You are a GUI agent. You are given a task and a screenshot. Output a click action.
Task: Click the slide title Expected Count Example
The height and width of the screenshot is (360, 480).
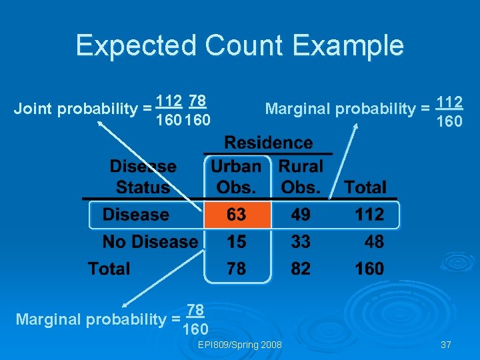(239, 45)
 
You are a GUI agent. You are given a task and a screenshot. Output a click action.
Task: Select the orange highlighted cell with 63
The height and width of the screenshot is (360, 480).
(237, 215)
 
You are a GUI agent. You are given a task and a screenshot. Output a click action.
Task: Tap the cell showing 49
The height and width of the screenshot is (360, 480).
(301, 215)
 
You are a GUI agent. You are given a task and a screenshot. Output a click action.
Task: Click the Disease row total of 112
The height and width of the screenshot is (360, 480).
(369, 215)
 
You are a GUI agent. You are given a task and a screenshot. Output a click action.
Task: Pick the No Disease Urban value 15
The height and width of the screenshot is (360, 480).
(237, 241)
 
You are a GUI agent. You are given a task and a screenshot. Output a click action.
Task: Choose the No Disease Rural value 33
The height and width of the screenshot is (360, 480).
(301, 241)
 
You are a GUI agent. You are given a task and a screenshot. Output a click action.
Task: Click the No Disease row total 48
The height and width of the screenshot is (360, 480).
(373, 241)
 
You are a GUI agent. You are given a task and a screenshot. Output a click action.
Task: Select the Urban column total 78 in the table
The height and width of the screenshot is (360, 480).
(237, 269)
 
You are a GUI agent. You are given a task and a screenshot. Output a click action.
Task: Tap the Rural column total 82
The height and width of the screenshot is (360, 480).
(301, 269)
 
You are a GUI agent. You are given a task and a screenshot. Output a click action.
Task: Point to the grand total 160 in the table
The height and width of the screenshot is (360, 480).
(369, 269)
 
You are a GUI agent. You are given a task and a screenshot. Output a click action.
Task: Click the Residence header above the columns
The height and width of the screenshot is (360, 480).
(269, 143)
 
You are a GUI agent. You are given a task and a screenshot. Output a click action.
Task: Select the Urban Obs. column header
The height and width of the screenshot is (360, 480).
(237, 177)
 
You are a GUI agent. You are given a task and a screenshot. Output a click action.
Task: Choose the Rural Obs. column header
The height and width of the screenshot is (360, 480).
(301, 177)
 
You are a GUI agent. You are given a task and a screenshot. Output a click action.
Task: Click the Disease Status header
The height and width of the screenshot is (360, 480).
(143, 177)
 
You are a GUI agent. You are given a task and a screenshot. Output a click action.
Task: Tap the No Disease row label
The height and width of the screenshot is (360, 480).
(150, 241)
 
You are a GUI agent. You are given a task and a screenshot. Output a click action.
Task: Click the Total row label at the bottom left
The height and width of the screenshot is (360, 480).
(109, 269)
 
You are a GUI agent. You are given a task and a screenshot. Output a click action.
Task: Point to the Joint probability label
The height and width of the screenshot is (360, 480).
(78, 109)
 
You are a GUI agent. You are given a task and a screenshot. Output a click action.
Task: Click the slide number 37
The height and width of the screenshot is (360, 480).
(446, 345)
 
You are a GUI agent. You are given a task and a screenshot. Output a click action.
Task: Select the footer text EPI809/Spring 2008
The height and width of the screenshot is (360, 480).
(240, 345)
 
